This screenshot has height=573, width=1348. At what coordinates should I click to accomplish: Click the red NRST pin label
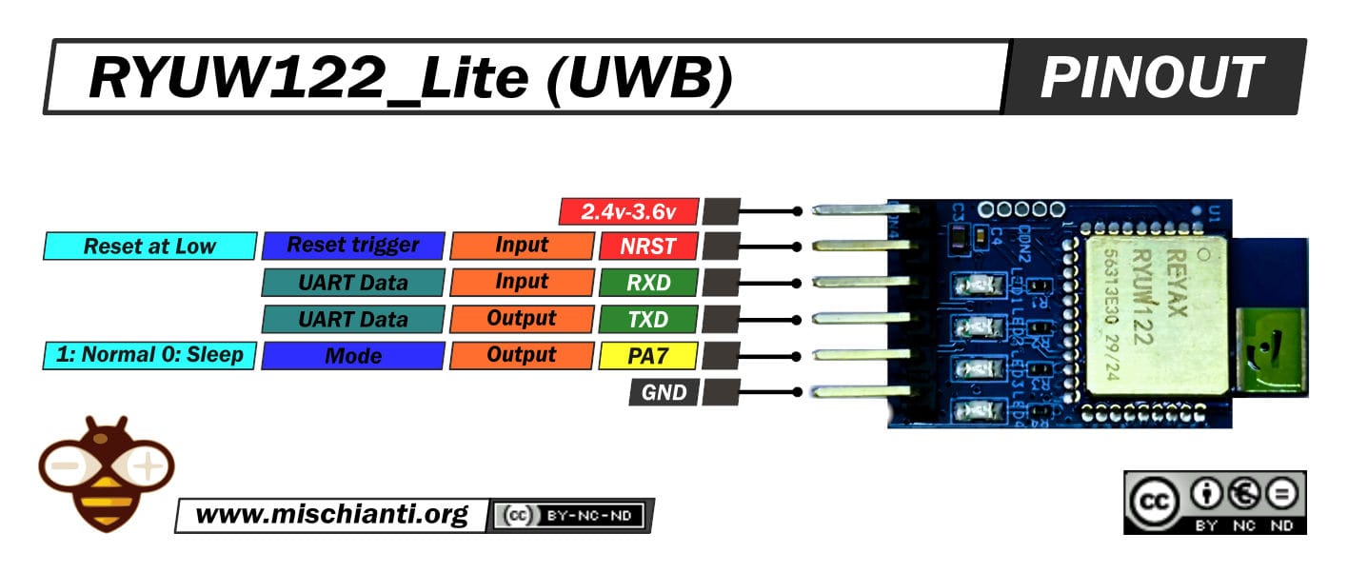coord(648,246)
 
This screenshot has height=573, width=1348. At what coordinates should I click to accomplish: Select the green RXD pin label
coord(648,282)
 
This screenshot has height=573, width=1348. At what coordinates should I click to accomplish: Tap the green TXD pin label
coord(648,319)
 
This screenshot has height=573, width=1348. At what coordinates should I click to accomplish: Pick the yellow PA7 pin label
coord(648,355)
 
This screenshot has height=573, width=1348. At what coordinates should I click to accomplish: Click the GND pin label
coord(664,391)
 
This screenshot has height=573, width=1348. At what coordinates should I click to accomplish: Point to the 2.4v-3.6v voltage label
coord(629,210)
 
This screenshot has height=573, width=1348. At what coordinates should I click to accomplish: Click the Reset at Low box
coord(149,246)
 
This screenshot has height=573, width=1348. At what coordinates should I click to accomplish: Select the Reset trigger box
coord(353,246)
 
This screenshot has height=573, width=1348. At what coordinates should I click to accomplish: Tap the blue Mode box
coord(353,355)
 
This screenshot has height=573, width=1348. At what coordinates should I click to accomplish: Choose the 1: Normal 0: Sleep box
coord(149,355)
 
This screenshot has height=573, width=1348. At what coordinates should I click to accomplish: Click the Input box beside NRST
coord(522,246)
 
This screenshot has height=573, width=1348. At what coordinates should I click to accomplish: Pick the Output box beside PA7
coord(522,355)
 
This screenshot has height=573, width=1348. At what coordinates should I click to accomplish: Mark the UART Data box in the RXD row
coord(353,282)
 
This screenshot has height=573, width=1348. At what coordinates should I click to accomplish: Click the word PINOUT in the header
coord(1151,78)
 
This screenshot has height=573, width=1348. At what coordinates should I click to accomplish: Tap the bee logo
coord(106,471)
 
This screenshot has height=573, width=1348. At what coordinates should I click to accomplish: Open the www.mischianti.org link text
coord(332,515)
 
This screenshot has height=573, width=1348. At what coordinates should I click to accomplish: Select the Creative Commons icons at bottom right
coord(1215,502)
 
